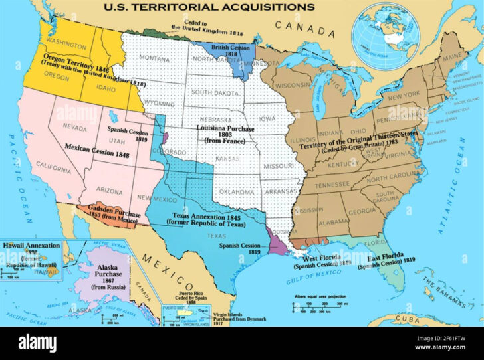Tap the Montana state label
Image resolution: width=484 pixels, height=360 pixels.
[x=155, y=58]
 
